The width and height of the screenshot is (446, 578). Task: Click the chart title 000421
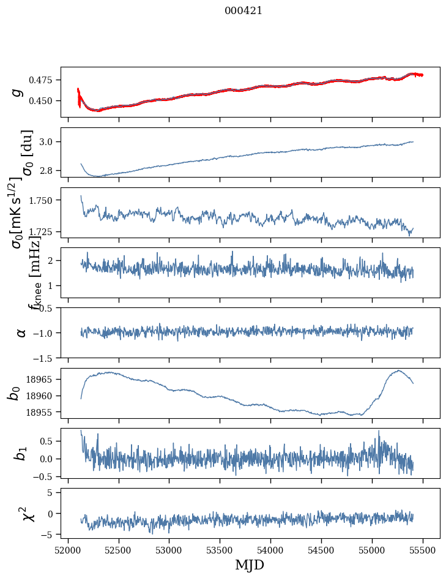243,10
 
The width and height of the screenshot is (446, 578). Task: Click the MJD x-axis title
250,565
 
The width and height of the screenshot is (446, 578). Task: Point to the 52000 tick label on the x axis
68,549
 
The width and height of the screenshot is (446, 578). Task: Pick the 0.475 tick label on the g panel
43,80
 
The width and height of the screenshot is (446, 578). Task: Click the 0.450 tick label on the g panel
43,100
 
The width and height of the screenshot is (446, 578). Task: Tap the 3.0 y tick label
48,142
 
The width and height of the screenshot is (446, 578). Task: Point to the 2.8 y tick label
48,170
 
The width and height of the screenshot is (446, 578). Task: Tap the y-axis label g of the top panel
18,92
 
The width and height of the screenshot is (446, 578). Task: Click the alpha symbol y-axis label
21,332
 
